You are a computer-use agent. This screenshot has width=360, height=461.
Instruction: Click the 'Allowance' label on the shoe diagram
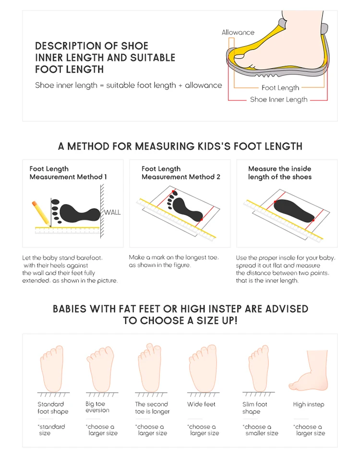238,33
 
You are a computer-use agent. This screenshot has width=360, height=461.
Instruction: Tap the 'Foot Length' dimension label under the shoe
280,88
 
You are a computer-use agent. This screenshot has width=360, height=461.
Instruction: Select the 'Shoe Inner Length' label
278,99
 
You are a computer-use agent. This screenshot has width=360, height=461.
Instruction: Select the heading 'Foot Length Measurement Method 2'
180,173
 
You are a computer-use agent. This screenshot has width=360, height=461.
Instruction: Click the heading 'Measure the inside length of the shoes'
279,173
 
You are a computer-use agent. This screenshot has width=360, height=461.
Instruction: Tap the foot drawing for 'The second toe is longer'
151,367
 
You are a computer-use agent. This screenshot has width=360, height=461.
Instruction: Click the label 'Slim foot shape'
254,408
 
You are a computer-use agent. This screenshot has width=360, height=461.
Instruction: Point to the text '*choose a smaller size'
261,430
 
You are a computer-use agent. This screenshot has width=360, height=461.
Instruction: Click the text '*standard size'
51,430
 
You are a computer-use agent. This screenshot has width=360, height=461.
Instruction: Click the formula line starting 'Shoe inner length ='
128,85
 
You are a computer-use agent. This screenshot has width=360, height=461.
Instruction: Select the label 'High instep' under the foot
308,404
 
